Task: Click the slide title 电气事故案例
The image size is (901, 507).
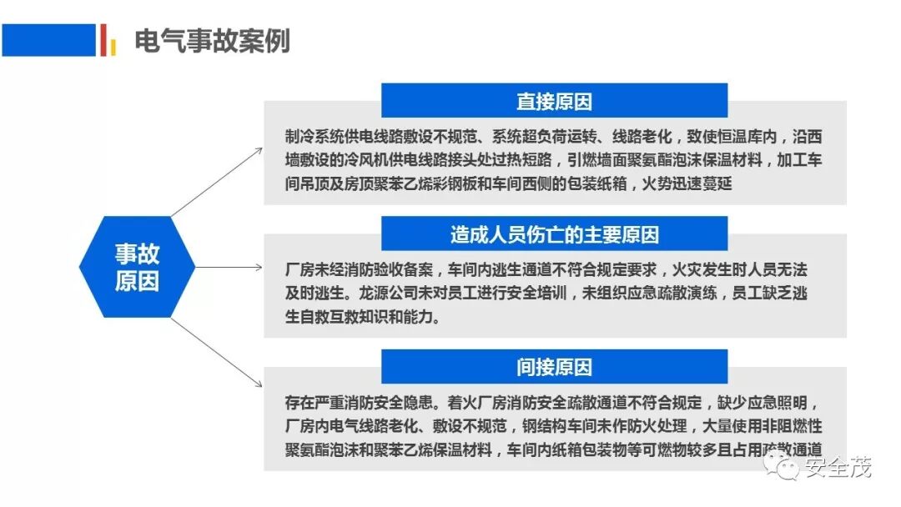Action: (x=212, y=40)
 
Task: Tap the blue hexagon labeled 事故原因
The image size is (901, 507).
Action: (x=137, y=267)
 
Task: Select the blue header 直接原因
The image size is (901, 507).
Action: (x=554, y=101)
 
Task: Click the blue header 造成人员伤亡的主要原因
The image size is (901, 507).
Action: (x=554, y=234)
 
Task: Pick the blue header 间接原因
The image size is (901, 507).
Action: (x=554, y=367)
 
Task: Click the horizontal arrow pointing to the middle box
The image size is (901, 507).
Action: (x=229, y=268)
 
